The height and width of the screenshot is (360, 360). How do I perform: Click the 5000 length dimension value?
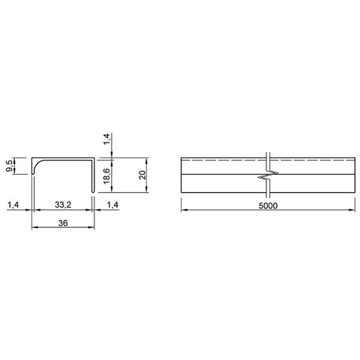point(268,205)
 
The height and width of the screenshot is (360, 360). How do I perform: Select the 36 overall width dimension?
point(63,223)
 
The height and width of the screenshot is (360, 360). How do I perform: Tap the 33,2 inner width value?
point(63,205)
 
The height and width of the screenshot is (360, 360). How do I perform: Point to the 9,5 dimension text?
point(9,166)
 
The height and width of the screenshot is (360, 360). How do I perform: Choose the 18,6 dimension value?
point(106,175)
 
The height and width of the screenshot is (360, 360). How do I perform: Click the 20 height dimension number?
point(142,175)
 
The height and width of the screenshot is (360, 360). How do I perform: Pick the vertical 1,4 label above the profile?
point(106,139)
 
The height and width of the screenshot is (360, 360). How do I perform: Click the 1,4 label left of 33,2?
point(13,205)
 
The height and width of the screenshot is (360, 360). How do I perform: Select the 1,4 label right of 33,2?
point(112,205)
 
